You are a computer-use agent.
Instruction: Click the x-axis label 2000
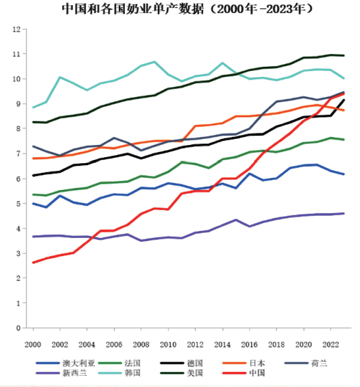[x=33, y=345]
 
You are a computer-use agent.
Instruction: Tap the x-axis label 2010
[x=168, y=345]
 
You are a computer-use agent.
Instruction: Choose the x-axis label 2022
[x=330, y=345]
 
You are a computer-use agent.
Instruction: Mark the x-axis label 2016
[x=249, y=345]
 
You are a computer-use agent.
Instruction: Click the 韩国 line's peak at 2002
[x=60, y=77]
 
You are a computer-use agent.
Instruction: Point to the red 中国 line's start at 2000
[x=33, y=263]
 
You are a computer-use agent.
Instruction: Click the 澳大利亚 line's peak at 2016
[x=249, y=174]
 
